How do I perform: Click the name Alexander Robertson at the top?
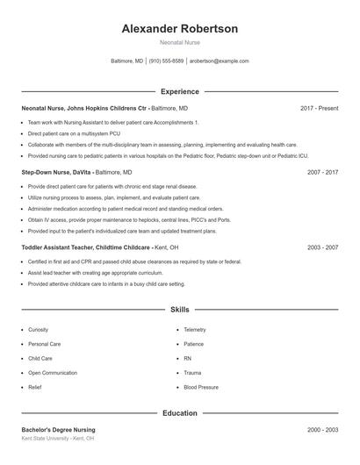point(180,29)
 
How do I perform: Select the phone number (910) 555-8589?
point(166,61)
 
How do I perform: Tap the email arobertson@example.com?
point(220,61)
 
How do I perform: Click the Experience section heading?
point(180,91)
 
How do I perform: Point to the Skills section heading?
point(180,310)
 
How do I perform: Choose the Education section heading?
point(180,412)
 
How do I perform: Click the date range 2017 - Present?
point(319,108)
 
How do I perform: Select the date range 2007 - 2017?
point(322,173)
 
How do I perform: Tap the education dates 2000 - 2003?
point(322,430)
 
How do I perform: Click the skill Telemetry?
point(196,330)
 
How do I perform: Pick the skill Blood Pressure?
point(201,387)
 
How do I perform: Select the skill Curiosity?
point(39,330)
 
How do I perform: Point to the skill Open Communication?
point(52,373)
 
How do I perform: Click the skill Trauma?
point(193,373)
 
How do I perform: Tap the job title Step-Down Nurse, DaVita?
point(56,173)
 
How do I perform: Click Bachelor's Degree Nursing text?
point(58,430)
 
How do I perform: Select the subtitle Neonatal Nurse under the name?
point(180,43)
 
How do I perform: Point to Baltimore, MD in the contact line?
point(127,61)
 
